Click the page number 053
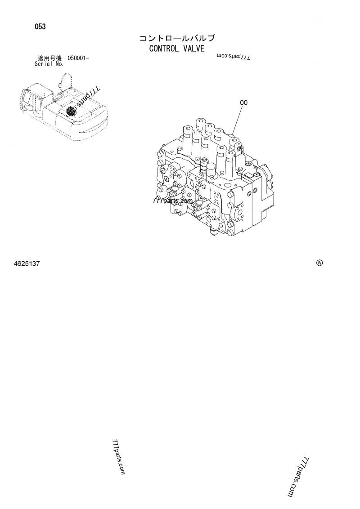click(40, 27)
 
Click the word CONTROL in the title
click(164, 49)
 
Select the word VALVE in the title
click(194, 49)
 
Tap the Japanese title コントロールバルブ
click(177, 38)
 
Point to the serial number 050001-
click(78, 58)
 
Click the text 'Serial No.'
click(49, 64)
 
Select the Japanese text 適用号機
click(49, 58)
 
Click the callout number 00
click(244, 103)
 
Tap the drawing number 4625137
click(27, 263)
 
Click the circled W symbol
click(319, 263)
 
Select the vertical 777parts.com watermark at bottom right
click(298, 477)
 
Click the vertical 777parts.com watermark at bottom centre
click(118, 457)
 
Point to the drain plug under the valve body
click(213, 232)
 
